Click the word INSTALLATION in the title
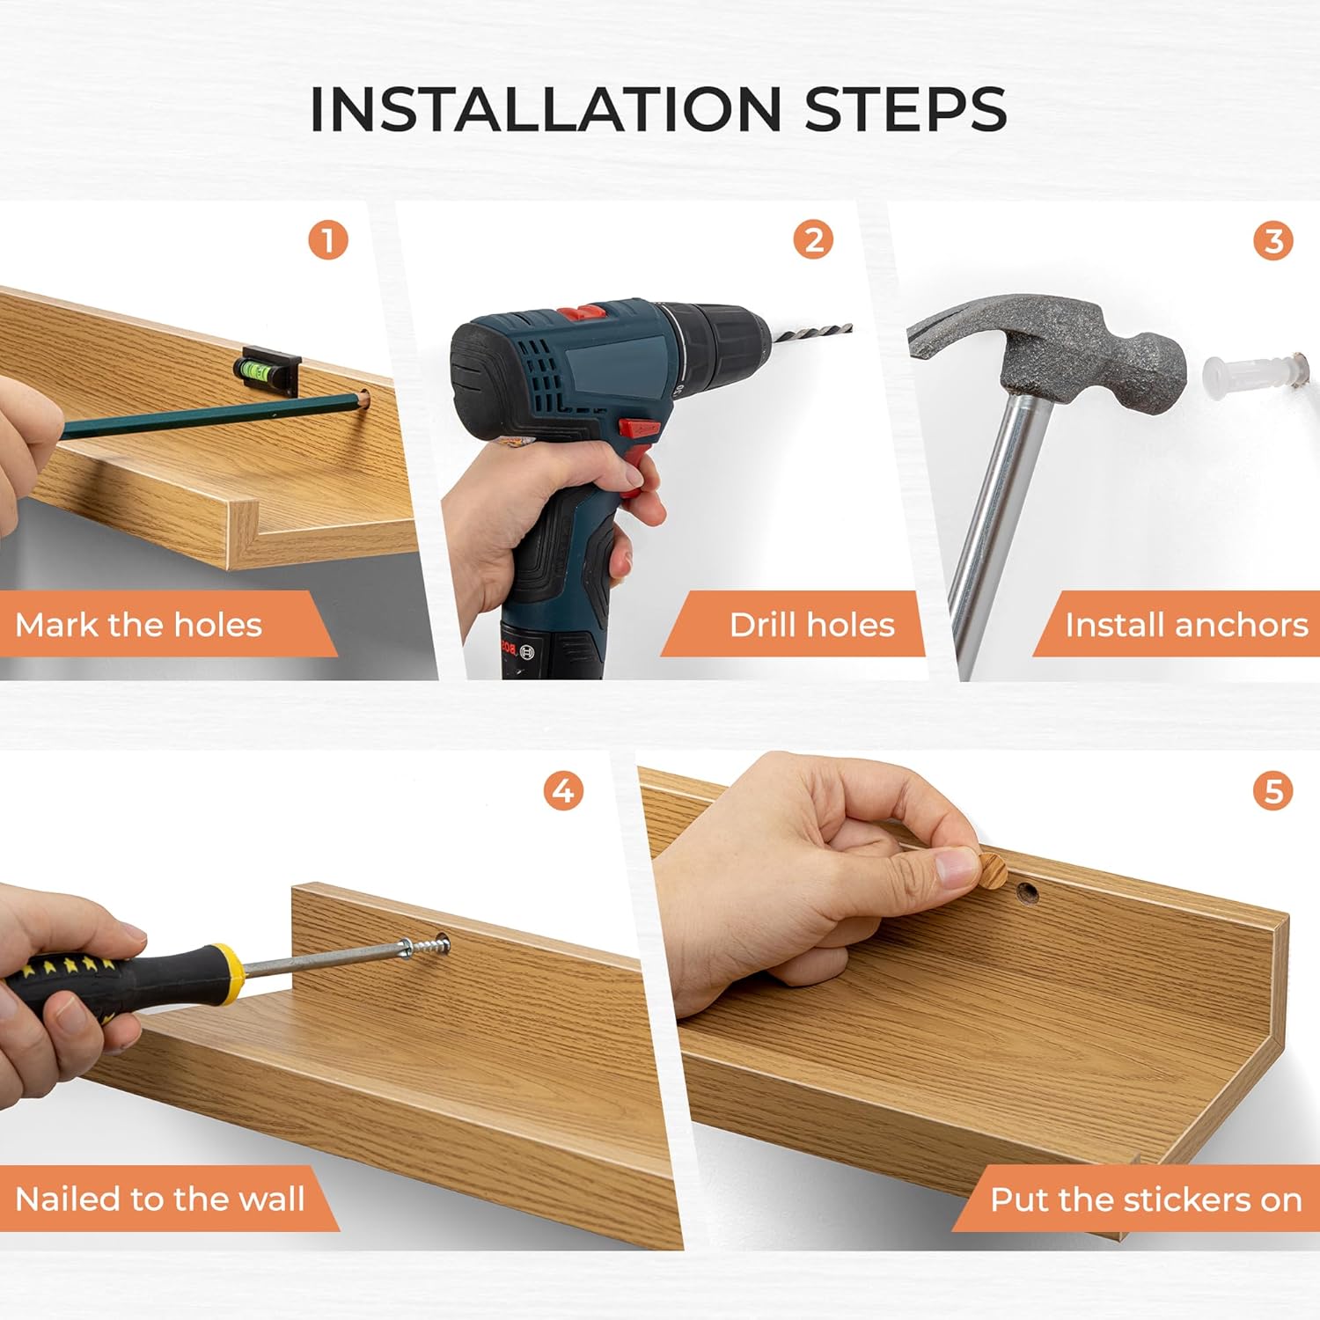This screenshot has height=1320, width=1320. coord(546,109)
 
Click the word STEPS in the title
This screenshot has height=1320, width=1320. coord(906,109)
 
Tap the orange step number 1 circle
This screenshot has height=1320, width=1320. coord(328,239)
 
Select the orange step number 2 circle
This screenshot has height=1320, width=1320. coord(814,239)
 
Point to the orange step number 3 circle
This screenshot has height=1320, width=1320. coord(1273,239)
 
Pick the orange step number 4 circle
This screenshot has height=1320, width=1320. coord(563,790)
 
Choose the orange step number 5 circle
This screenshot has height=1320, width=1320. coord(1273,790)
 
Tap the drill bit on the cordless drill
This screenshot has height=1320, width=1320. coord(810,333)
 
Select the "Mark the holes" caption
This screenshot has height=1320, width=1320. coord(138,625)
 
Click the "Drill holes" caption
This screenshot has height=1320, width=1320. coord(811,625)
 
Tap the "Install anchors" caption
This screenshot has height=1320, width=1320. coord(1186,625)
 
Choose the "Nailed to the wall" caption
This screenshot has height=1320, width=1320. coord(160,1199)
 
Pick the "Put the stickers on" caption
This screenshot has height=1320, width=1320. coord(1146,1199)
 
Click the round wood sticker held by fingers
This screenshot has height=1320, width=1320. coord(993,869)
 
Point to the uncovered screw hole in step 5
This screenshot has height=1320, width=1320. coord(1028,894)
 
